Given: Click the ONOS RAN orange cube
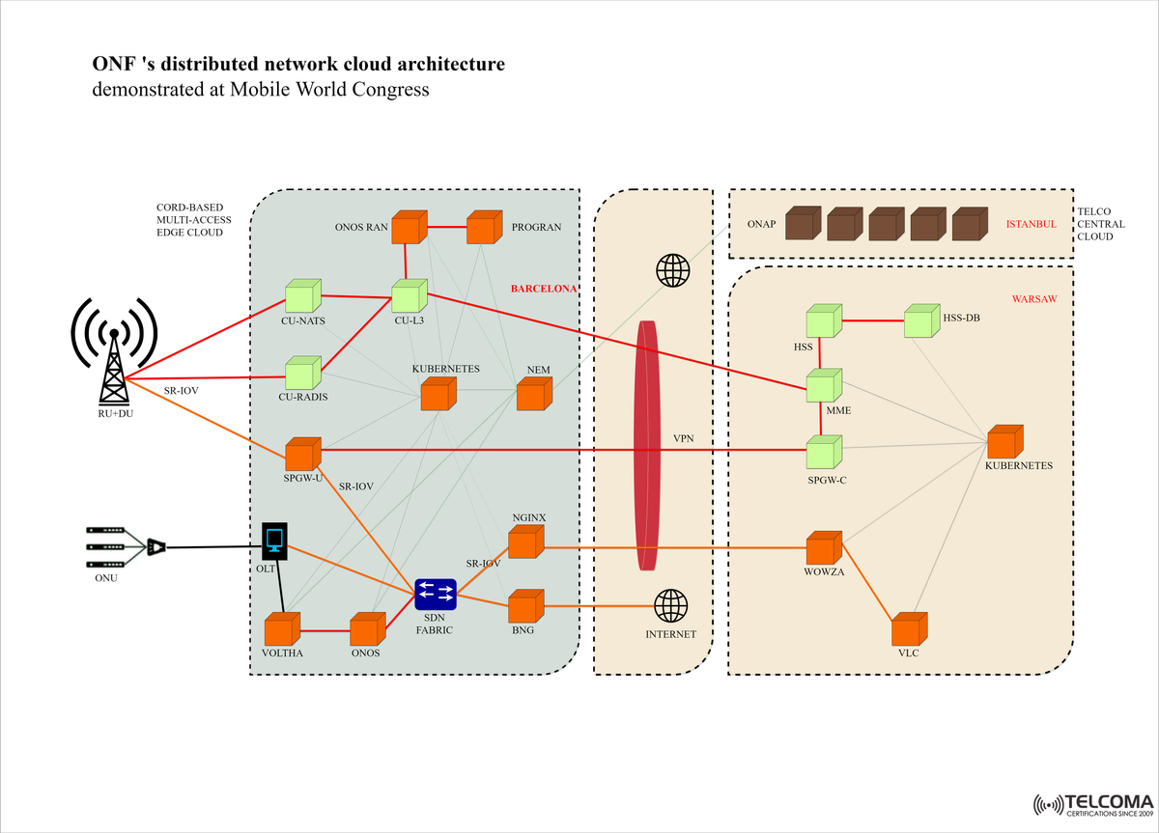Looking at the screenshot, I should pyautogui.click(x=409, y=228).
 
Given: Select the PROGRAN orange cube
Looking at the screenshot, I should pyautogui.click(x=482, y=228).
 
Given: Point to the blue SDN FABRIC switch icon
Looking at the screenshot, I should pyautogui.click(x=436, y=594).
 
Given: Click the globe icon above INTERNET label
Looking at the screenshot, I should pyautogui.click(x=671, y=606).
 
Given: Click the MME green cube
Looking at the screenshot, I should pyautogui.click(x=823, y=384).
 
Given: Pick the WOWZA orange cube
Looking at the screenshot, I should pyautogui.click(x=823, y=548).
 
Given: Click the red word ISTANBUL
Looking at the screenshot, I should pyautogui.click(x=1031, y=224).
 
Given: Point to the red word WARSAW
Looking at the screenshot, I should pyautogui.click(x=1033, y=299).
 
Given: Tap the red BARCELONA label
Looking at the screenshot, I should pyautogui.click(x=544, y=288).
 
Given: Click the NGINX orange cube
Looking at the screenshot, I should pyautogui.click(x=524, y=542).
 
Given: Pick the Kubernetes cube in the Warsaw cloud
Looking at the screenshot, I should pyautogui.click(x=1004, y=442).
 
